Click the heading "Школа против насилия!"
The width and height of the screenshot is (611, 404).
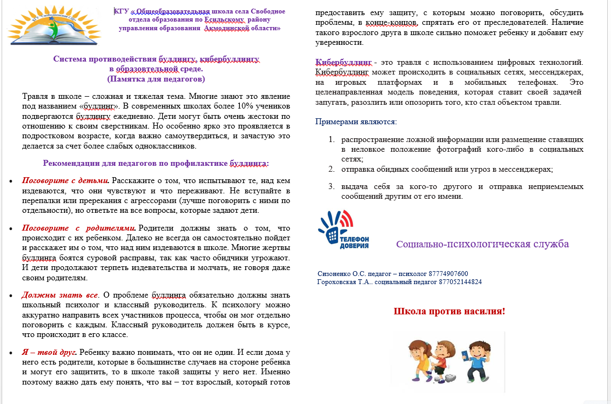point(449,312)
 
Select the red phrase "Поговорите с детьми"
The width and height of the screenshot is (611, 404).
point(65,181)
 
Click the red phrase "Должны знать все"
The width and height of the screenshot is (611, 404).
point(60,295)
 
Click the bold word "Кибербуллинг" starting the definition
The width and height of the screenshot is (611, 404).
point(344,63)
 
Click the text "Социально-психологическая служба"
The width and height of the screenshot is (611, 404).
point(482,244)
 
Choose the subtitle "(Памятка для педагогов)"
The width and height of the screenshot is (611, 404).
point(156,79)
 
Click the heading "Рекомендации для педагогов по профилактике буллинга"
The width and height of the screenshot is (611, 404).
point(156,163)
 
